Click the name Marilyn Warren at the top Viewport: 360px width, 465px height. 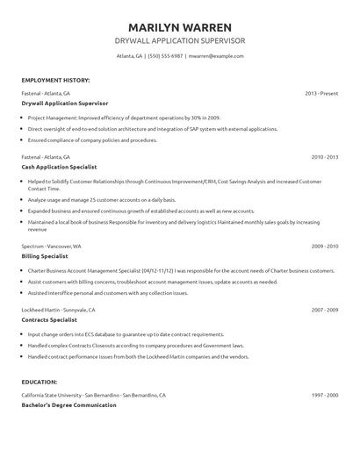tap(180, 26)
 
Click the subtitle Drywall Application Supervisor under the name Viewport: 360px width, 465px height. tap(180, 41)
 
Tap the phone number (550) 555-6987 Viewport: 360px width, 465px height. tap(164, 55)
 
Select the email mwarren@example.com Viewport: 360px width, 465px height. tap(216, 55)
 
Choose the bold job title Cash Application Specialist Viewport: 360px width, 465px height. tap(59, 166)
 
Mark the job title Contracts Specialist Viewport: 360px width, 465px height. tap(51, 320)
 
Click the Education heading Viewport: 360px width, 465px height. tap(40, 383)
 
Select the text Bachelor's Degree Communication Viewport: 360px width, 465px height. tap(68, 404)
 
